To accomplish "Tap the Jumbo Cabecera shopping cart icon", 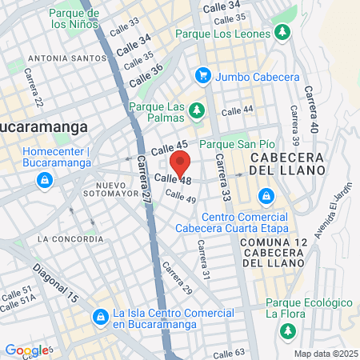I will [203, 76].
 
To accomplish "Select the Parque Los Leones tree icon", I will [281, 33].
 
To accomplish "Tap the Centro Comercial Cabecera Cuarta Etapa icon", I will [265, 194].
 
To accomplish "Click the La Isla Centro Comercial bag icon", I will [100, 318].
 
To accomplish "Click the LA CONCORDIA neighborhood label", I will [70, 238].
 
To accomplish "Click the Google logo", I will [26, 350].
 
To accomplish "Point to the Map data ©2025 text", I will [326, 354].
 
